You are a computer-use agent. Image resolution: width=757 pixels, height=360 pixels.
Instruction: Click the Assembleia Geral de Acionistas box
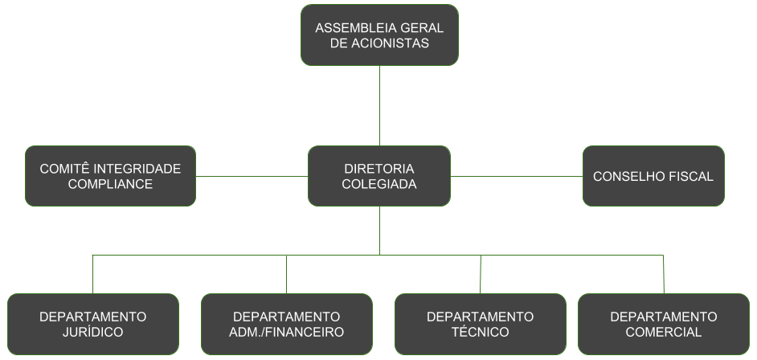pyautogui.click(x=379, y=35)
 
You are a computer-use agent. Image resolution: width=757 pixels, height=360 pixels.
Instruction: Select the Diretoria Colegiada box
pyautogui.click(x=379, y=176)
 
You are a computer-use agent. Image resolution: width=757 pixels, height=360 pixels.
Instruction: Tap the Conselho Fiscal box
pyautogui.click(x=653, y=176)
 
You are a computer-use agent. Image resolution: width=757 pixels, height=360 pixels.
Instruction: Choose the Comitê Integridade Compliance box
pyautogui.click(x=110, y=176)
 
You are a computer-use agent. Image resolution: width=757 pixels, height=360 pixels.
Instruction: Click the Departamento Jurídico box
pyautogui.click(x=92, y=324)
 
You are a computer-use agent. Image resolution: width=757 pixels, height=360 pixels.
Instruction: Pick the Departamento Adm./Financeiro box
pyautogui.click(x=286, y=324)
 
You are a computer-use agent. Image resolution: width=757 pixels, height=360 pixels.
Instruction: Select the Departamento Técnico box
pyautogui.click(x=480, y=324)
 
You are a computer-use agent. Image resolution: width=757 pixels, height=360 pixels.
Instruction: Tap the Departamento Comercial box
pyautogui.click(x=663, y=324)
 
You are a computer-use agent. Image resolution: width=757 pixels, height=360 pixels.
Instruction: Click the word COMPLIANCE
pyautogui.click(x=110, y=184)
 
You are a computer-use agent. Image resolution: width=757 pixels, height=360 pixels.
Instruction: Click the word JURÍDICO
pyautogui.click(x=92, y=332)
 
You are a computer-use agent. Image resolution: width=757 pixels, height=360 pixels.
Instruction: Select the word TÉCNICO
pyautogui.click(x=480, y=332)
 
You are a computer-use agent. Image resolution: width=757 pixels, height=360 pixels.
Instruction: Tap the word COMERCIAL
pyautogui.click(x=663, y=332)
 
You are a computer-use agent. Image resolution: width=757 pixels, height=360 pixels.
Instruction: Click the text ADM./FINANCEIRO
pyautogui.click(x=286, y=332)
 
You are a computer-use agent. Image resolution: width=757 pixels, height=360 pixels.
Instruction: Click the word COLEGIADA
pyautogui.click(x=379, y=184)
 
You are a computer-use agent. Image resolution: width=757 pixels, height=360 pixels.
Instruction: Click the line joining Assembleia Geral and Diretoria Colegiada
pyautogui.click(x=379, y=104)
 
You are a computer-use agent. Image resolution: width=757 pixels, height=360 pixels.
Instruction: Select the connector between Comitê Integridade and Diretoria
pyautogui.click(x=252, y=176)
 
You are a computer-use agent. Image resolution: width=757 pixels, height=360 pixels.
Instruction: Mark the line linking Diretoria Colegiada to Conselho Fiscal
pyautogui.click(x=516, y=176)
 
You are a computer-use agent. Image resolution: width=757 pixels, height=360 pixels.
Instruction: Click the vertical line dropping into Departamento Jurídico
pyautogui.click(x=92, y=274)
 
